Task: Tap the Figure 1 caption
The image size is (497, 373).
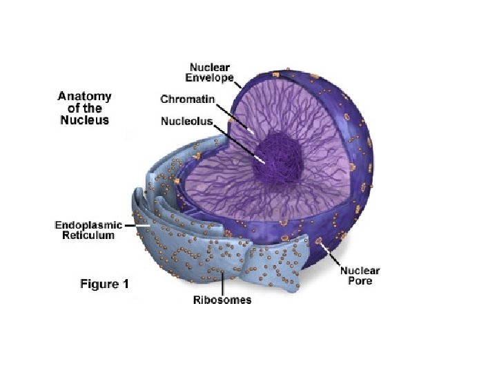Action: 104,284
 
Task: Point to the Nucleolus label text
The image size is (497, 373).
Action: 186,121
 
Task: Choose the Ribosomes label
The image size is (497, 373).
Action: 222,300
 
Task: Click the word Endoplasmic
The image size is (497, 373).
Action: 88,225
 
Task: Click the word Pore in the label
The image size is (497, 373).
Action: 359,282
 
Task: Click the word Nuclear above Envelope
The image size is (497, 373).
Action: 211,68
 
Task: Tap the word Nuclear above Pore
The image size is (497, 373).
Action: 360,271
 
